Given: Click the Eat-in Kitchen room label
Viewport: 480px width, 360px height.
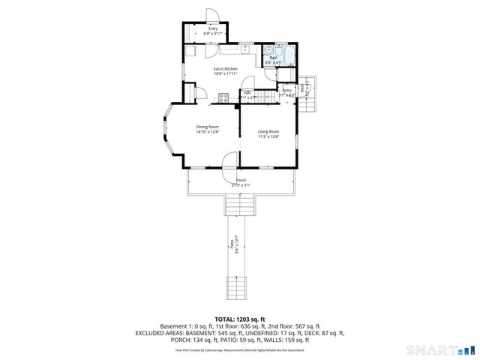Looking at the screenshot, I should point(225,71).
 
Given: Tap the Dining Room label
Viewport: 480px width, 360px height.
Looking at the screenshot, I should point(208,129).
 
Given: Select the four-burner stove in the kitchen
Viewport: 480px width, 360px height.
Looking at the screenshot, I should point(223,96).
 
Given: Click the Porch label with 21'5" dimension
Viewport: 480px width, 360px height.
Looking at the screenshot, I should point(241,182).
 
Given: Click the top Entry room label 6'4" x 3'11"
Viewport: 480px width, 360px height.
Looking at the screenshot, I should point(214,31).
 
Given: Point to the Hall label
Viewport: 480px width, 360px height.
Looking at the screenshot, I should point(247,94).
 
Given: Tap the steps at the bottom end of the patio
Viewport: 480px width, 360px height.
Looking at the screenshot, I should point(238,287).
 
